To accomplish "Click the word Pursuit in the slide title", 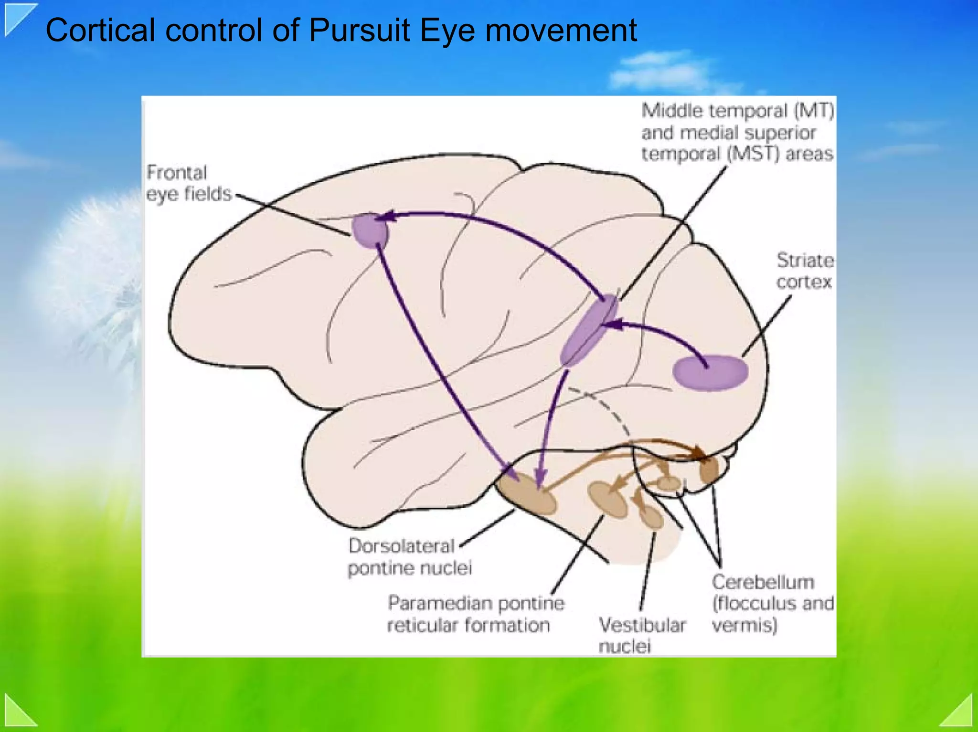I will click(x=359, y=31).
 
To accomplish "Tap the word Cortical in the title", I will click(x=100, y=31).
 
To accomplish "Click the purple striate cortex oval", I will click(x=710, y=373).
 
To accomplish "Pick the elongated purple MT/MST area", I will click(x=589, y=330).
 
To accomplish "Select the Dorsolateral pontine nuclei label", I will click(x=409, y=557).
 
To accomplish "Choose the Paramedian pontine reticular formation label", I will click(x=475, y=614).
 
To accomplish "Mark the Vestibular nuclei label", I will click(x=641, y=635).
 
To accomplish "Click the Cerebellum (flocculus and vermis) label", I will click(x=772, y=604).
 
